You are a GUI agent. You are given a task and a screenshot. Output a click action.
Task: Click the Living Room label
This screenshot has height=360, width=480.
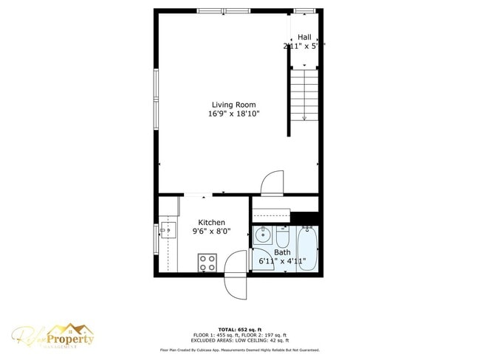coord(233,105)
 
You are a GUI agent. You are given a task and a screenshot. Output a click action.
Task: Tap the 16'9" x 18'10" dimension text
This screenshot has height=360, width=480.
coord(233,114)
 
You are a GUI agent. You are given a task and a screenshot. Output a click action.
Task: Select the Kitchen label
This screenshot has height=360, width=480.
coord(212,223)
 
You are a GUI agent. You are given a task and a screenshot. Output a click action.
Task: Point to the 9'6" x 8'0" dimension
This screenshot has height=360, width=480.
coord(212,232)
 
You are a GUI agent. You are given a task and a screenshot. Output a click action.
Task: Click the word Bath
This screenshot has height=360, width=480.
coord(282,252)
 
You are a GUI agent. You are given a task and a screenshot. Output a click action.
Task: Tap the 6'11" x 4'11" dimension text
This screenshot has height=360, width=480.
coord(281,260)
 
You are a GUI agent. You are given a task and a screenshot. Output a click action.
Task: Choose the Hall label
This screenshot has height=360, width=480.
coord(304,38)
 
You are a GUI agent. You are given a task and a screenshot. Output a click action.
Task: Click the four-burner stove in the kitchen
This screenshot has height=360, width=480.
coord(208,262)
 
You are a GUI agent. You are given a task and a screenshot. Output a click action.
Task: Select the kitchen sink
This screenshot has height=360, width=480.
coord(167,231)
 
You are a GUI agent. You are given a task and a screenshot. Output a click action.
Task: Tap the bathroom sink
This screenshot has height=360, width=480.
coord(262,237)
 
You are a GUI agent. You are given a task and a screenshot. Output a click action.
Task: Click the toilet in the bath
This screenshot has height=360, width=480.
coord(283,238)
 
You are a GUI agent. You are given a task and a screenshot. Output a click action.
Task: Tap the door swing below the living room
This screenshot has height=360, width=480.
coord(272,182)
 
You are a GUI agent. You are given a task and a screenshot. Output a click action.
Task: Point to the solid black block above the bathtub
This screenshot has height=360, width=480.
coord(304,218)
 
